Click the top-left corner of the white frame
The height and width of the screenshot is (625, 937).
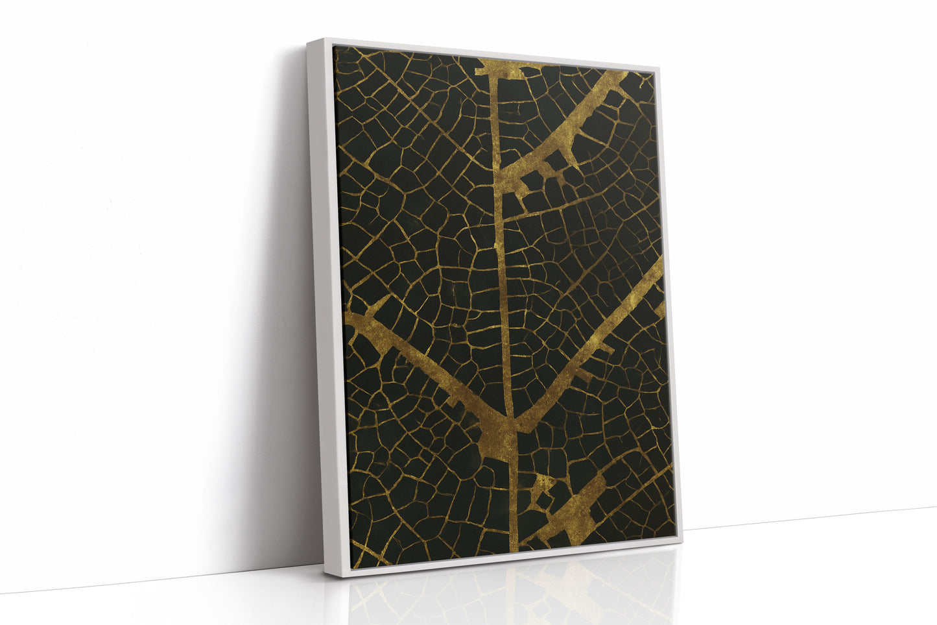(x=308, y=40)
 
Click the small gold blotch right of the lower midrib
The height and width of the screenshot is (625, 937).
(x=541, y=490)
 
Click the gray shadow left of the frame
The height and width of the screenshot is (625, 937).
(x=285, y=325)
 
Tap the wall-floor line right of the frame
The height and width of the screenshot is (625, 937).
(x=811, y=519)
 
